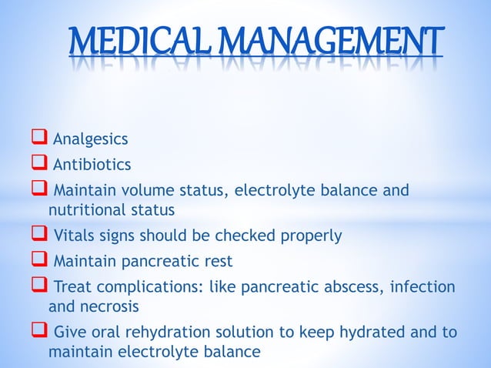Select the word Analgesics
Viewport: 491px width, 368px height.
coord(89,139)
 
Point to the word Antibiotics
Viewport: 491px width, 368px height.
coord(92,164)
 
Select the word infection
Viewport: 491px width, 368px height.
coord(423,287)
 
